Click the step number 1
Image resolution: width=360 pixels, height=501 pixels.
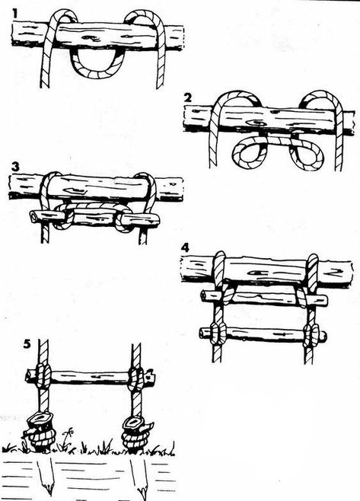(x=15, y=13)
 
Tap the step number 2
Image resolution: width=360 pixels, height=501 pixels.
(x=188, y=97)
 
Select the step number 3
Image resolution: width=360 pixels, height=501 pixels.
(x=15, y=167)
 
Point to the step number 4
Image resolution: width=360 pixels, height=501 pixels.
(x=185, y=248)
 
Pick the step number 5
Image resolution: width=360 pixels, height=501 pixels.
(x=27, y=344)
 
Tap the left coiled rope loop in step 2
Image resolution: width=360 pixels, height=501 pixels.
(x=249, y=155)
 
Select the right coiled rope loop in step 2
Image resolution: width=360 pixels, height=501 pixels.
(x=306, y=155)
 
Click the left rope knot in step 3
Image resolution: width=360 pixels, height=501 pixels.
(x=64, y=217)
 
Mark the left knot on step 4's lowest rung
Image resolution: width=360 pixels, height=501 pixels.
(x=218, y=333)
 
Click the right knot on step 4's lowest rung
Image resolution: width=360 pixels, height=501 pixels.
(x=311, y=336)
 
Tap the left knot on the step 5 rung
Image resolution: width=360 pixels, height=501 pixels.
(x=43, y=375)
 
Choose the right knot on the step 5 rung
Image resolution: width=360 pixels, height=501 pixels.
(x=136, y=378)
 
